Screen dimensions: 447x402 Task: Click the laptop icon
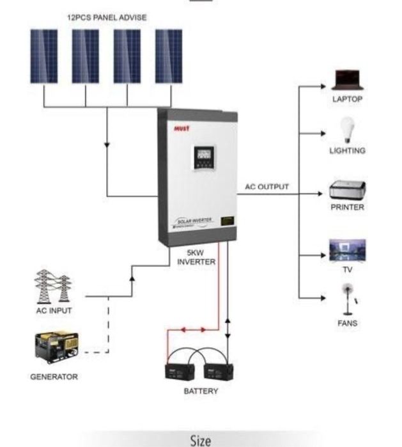coord(347,80)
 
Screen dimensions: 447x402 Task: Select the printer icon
coord(347,190)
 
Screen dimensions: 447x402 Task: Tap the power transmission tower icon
coord(53,286)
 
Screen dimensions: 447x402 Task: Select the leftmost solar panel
coord(43,56)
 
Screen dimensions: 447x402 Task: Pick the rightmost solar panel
coord(169,56)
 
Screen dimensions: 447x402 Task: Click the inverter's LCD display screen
coord(204,155)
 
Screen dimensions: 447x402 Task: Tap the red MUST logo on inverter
coord(182,128)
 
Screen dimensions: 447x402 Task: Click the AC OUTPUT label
coord(267,187)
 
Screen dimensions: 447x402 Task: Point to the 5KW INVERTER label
coord(196,257)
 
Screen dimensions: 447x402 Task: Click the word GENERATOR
coord(54,377)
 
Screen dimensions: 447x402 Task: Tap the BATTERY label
coord(201,391)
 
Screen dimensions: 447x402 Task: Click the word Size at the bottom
coord(201,440)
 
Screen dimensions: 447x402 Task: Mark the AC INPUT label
coord(54,311)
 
